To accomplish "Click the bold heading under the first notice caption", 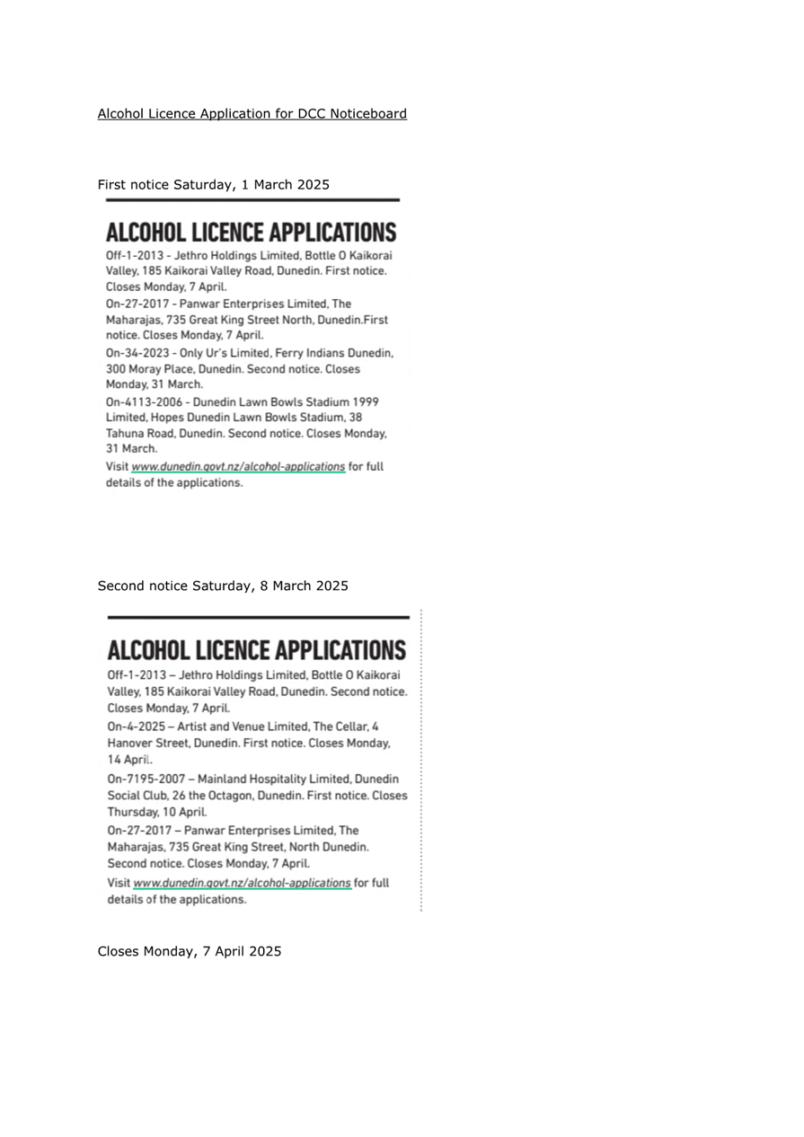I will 251,233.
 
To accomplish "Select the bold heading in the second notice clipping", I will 256,650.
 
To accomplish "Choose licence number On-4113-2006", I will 143,401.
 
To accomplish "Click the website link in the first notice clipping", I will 238,467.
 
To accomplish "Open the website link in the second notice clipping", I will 242,884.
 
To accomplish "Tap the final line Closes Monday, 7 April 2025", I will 190,952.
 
